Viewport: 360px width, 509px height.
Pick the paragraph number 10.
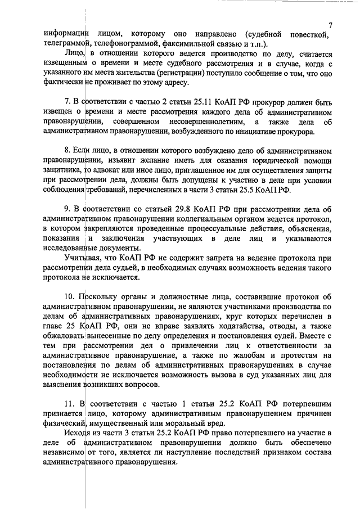tap(69, 297)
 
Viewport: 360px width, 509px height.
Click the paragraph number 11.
tap(69, 404)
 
